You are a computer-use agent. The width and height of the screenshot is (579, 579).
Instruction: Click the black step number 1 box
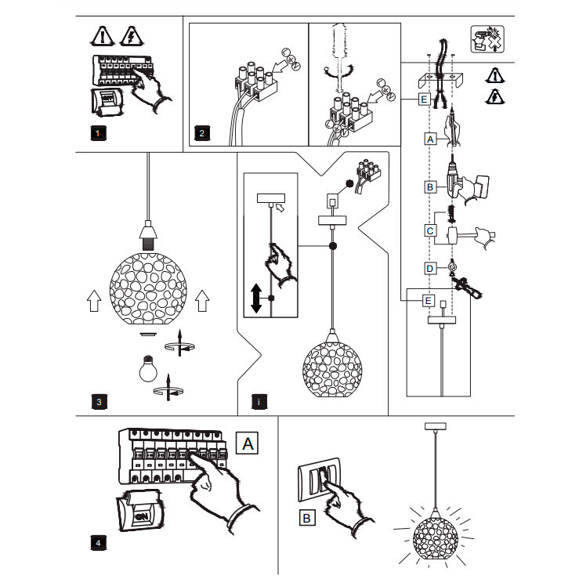coord(98,133)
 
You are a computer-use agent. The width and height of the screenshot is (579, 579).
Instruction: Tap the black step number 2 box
coord(202,133)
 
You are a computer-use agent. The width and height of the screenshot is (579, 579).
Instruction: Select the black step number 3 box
coord(99,402)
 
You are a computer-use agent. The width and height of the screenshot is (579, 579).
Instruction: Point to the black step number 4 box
coord(98,543)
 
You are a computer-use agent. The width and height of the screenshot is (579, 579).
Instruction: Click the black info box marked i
coord(259,402)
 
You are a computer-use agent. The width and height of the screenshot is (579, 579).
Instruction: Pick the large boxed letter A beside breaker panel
coord(248,443)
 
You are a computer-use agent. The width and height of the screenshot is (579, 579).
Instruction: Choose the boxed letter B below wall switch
coord(306,518)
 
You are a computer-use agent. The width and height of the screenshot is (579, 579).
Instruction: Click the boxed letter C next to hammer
coord(430,231)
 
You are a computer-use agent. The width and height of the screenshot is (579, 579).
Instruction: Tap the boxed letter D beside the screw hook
coord(430,269)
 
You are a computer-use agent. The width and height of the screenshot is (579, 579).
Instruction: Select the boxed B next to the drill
coord(430,187)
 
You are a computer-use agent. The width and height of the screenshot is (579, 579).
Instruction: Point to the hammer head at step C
coord(452,235)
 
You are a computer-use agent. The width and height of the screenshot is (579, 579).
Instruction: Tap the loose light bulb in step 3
coord(148,369)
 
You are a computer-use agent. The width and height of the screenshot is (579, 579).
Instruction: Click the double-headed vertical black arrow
coord(256,299)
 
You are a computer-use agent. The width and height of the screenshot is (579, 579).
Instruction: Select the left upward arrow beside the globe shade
coord(94,301)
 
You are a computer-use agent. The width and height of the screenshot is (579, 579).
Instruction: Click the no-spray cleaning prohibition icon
coord(487,39)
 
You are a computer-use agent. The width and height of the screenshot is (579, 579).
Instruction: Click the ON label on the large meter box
coord(142,516)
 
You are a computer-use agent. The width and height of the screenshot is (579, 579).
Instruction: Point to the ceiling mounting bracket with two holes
coord(440,80)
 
